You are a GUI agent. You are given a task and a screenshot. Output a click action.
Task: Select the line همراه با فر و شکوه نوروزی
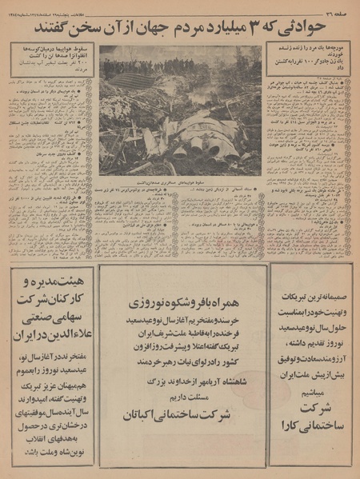tap(179, 305)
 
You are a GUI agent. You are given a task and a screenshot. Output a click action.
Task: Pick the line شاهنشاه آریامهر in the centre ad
tap(179, 381)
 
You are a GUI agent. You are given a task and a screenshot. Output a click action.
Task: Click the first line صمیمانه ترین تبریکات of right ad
tap(310, 282)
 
